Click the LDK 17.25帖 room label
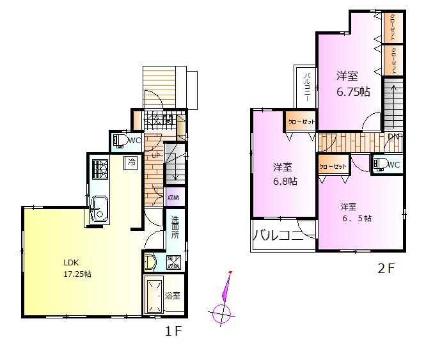77,267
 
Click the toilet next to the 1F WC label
120,141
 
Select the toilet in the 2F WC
380,164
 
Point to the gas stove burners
100,169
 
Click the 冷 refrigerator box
131,162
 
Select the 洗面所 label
175,228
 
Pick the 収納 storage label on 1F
173,198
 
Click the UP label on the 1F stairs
155,155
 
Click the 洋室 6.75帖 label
353,84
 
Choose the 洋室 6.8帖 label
285,174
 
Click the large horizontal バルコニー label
277,235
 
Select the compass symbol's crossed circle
222,314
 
